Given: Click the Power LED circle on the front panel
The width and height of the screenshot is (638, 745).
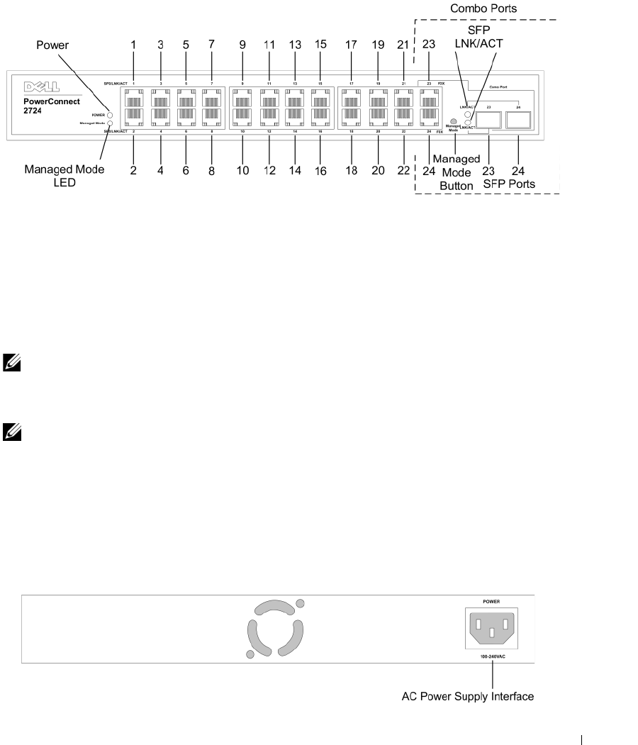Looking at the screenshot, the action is [x=111, y=114].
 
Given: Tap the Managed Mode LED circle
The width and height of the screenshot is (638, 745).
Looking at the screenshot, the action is [x=111, y=123].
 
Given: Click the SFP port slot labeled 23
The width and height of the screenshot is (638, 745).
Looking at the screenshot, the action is [x=488, y=121].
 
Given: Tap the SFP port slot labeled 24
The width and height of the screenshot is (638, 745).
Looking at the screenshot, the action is [x=519, y=121].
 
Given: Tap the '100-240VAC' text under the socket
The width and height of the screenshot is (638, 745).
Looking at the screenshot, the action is [x=491, y=657].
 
